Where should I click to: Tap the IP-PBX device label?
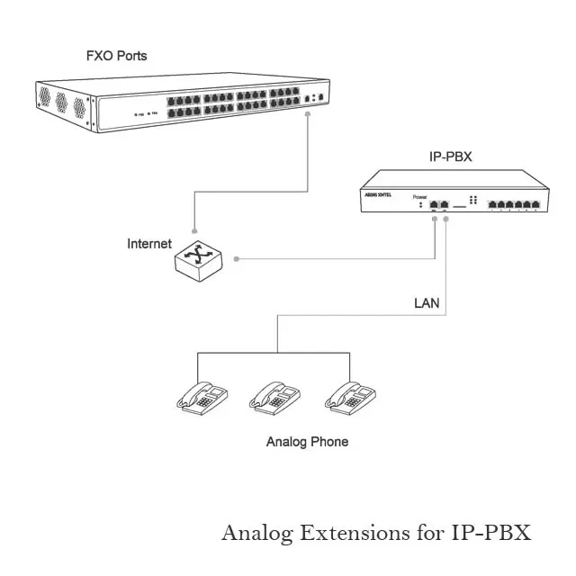(450, 157)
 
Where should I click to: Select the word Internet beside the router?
(148, 244)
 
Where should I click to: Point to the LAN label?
(427, 303)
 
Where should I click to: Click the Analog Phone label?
(307, 442)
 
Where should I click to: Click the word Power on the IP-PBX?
(419, 196)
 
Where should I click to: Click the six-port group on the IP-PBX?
(515, 204)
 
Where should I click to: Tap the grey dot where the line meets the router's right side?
(236, 259)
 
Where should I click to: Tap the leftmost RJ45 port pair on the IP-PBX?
(439, 204)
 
